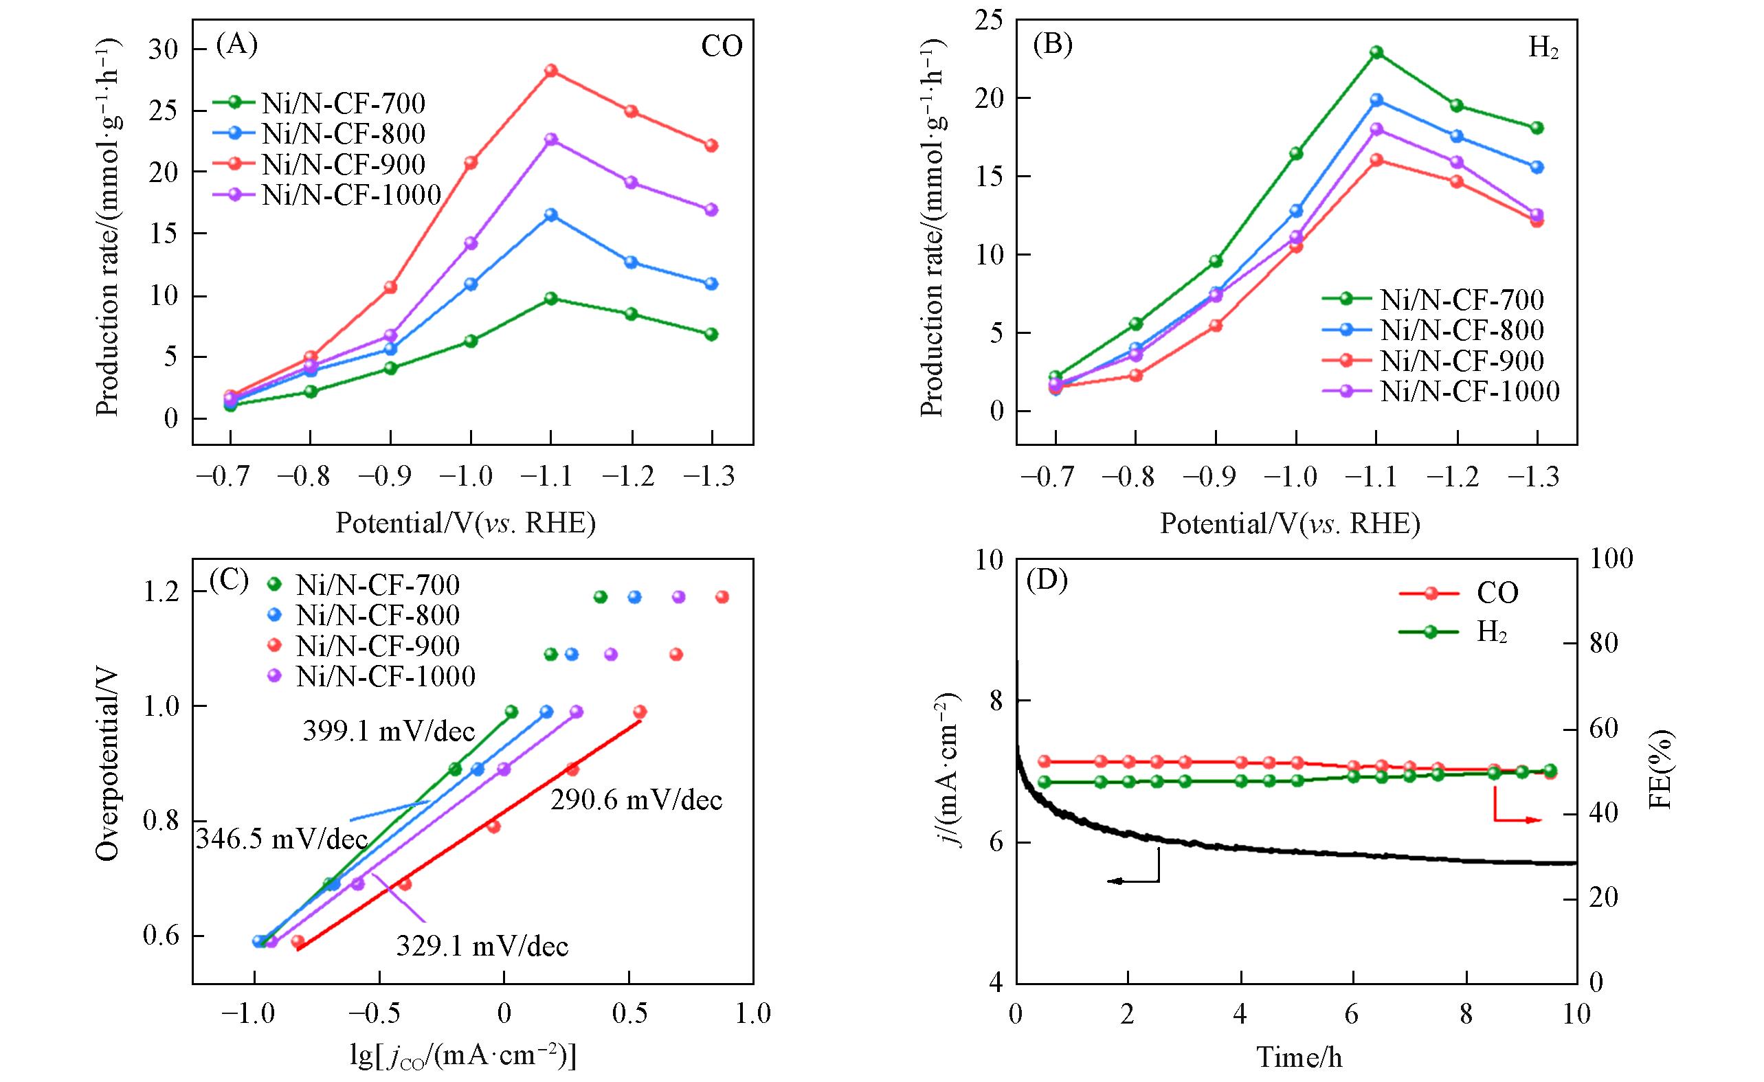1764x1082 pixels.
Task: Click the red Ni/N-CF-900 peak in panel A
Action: pyautogui.click(x=550, y=71)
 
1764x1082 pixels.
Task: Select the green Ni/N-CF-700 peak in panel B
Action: pyautogui.click(x=1376, y=52)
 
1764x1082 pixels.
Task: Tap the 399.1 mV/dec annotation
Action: pyautogui.click(x=389, y=732)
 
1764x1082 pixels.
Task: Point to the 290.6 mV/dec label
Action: pyautogui.click(x=636, y=800)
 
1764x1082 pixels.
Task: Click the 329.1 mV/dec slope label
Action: pyautogui.click(x=482, y=946)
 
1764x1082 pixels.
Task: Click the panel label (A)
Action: pyautogui.click(x=236, y=45)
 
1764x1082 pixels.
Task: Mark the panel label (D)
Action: pyautogui.click(x=1047, y=580)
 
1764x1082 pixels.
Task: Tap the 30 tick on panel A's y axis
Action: pyautogui.click(x=164, y=49)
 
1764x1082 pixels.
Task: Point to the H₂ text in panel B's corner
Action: pyautogui.click(x=1543, y=49)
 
